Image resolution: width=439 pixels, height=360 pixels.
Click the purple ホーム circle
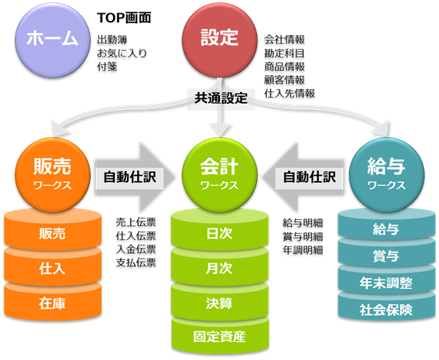point(53,40)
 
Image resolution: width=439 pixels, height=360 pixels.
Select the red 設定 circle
point(220,40)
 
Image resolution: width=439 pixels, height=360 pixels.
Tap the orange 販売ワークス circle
point(53,175)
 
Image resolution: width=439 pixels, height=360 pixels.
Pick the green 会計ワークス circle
point(220,175)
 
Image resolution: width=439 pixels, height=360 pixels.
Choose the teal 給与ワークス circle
point(386,175)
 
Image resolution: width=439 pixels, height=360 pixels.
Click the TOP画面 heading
point(124,18)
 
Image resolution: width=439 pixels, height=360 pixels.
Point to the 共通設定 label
point(221,98)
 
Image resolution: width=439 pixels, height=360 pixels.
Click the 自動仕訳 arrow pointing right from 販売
point(135,177)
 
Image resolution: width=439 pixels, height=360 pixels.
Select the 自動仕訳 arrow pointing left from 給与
point(303,177)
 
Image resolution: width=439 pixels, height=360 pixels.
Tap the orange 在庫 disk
point(53,303)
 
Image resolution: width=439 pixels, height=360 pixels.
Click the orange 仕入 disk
point(53,268)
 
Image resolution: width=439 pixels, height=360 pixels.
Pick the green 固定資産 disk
point(220,337)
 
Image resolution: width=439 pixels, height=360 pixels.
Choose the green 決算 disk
point(220,303)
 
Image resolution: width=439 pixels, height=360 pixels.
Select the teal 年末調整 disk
point(386,283)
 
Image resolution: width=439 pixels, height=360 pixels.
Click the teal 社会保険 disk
point(386,310)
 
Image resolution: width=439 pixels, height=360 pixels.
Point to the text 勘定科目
point(284,53)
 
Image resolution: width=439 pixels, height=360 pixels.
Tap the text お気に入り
point(122,53)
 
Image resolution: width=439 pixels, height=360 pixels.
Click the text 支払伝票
point(135,263)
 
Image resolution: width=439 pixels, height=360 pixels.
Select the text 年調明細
point(303,250)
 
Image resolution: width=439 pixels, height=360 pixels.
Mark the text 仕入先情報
point(290,94)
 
